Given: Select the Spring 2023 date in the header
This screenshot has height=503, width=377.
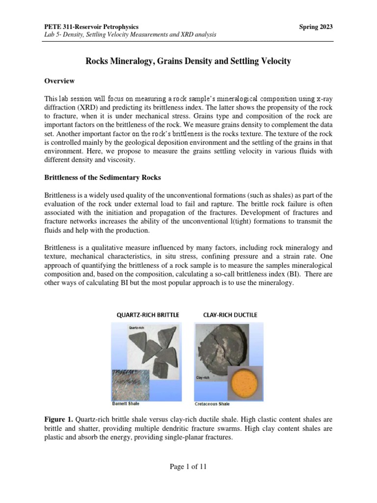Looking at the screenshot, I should coord(316,26).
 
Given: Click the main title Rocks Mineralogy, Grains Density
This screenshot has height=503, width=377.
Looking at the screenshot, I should coord(188,61).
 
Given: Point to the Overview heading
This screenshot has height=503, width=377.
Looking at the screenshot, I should coord(60,81).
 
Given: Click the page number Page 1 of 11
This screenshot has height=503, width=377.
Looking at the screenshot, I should coord(188,467).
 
